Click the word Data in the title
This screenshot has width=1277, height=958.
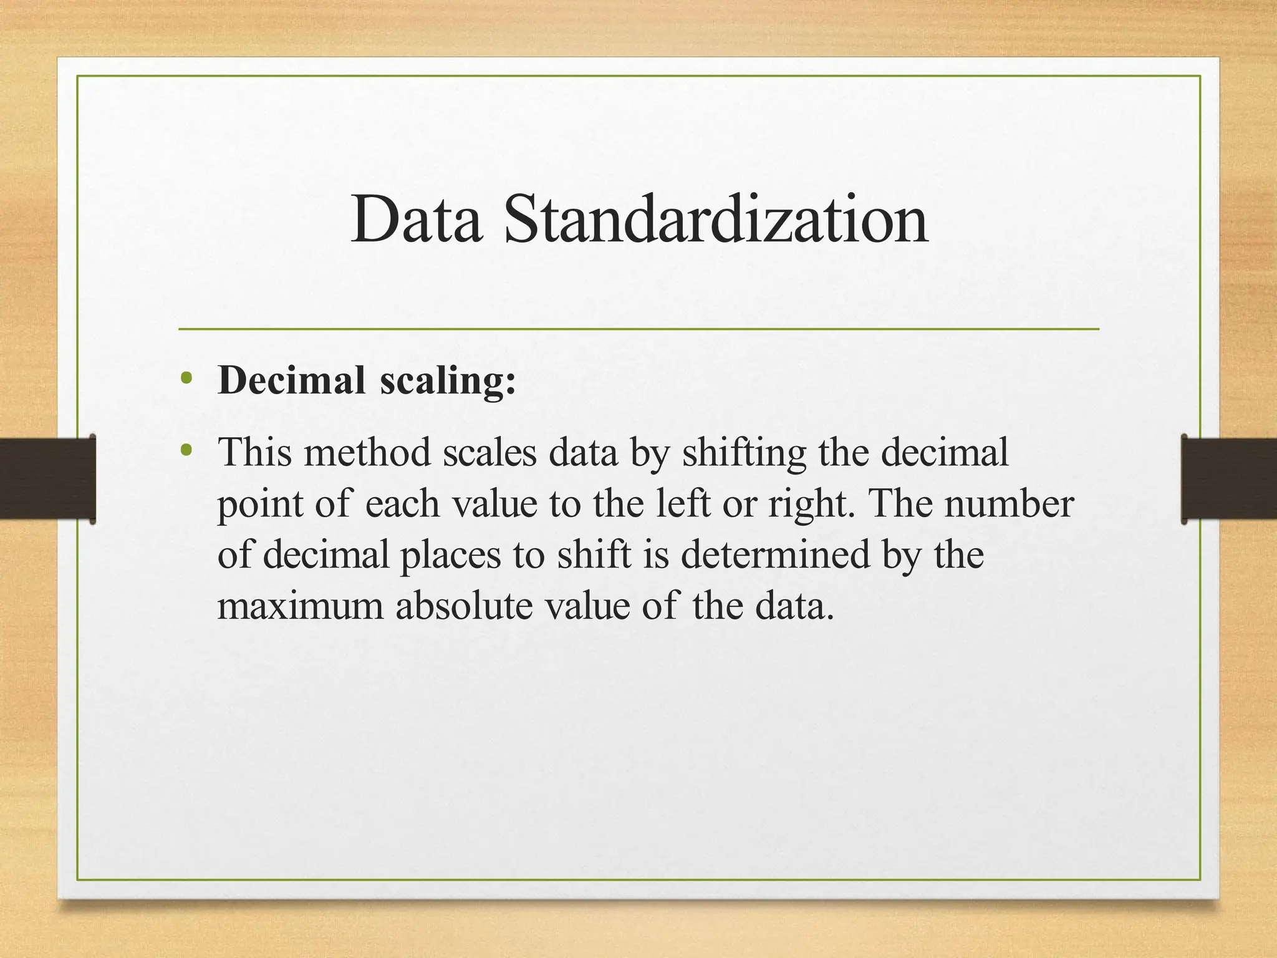(x=416, y=220)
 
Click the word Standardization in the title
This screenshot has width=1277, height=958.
(x=716, y=220)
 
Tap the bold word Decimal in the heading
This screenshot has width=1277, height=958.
(x=291, y=380)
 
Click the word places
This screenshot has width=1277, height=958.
(x=450, y=556)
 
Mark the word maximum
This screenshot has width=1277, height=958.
(x=300, y=606)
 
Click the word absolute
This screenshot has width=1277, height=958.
(x=464, y=605)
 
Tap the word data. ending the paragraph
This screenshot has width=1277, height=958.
(x=794, y=605)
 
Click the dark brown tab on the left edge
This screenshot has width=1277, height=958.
(x=47, y=479)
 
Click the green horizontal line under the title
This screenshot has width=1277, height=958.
(x=638, y=329)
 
